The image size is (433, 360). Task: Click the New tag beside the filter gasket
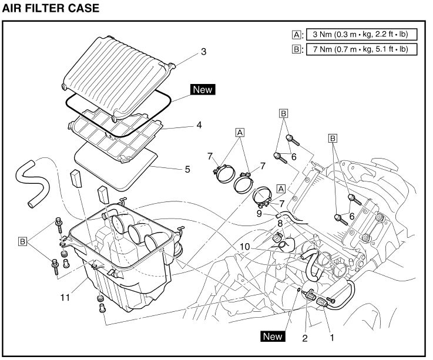pyautogui.click(x=203, y=90)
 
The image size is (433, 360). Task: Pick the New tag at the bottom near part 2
pyautogui.click(x=273, y=337)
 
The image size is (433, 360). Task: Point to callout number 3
pyautogui.click(x=204, y=52)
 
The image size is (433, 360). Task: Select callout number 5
pyautogui.click(x=187, y=170)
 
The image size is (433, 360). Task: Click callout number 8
pyautogui.click(x=280, y=223)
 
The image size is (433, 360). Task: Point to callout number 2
pyautogui.click(x=304, y=338)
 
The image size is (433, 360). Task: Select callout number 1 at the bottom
pyautogui.click(x=332, y=338)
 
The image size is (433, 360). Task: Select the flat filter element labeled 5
pyautogui.click(x=118, y=167)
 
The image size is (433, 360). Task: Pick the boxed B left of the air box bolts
pyautogui.click(x=23, y=241)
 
